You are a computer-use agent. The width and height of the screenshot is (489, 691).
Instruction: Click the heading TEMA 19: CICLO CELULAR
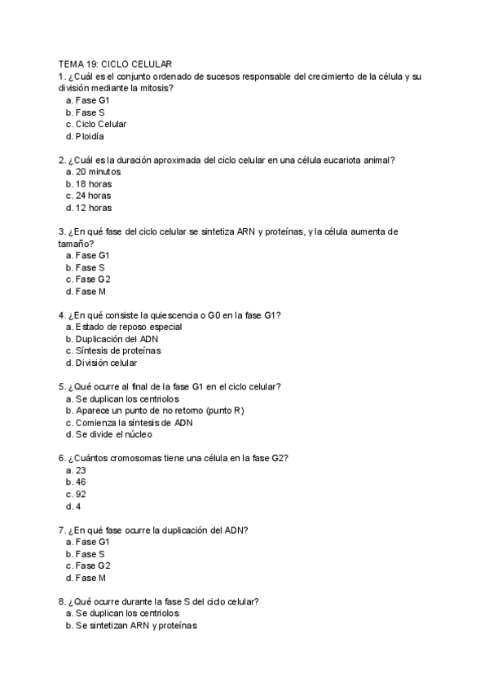click(114, 64)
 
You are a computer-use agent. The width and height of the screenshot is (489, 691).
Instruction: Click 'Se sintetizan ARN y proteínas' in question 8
click(136, 626)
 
